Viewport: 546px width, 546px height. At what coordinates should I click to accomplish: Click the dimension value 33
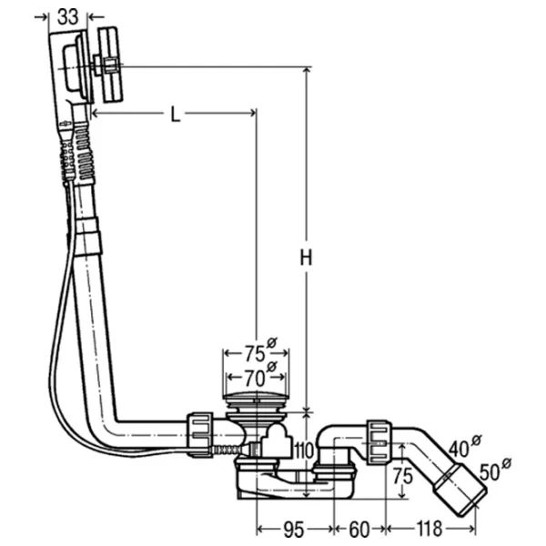[67, 15]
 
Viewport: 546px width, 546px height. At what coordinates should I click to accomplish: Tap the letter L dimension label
[176, 115]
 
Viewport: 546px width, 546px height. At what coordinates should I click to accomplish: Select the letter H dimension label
[307, 258]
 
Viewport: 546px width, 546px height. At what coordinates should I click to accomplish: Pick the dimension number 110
[303, 450]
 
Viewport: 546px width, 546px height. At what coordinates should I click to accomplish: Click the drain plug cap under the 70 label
[256, 399]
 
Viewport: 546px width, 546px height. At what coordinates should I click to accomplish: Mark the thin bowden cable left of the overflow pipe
[56, 346]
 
